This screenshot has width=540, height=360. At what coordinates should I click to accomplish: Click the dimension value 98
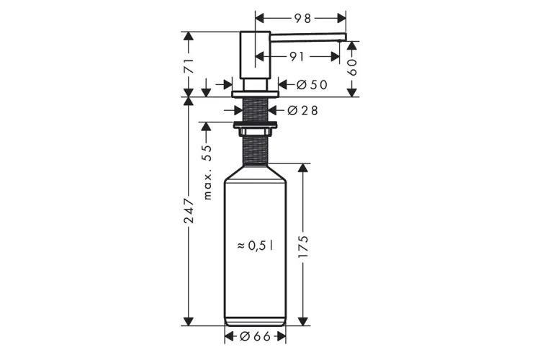pos(303,17)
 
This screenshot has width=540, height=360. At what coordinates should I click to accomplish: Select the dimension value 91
pos(296,56)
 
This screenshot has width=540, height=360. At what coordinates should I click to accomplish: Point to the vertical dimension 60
pos(352,68)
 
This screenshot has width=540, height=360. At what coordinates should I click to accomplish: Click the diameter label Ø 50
pos(312,85)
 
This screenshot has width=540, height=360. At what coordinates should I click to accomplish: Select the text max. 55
pos(207,172)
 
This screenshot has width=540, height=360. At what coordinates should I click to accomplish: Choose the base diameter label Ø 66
pos(256,336)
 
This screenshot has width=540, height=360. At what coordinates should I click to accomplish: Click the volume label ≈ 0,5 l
pos(256,245)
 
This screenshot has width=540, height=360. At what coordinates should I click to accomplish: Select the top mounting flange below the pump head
pos(255,94)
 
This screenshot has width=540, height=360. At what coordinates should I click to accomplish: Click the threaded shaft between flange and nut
pos(255,110)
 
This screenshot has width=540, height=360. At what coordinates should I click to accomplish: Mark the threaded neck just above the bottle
pos(255,149)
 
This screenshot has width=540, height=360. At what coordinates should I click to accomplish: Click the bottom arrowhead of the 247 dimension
pos(189,321)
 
